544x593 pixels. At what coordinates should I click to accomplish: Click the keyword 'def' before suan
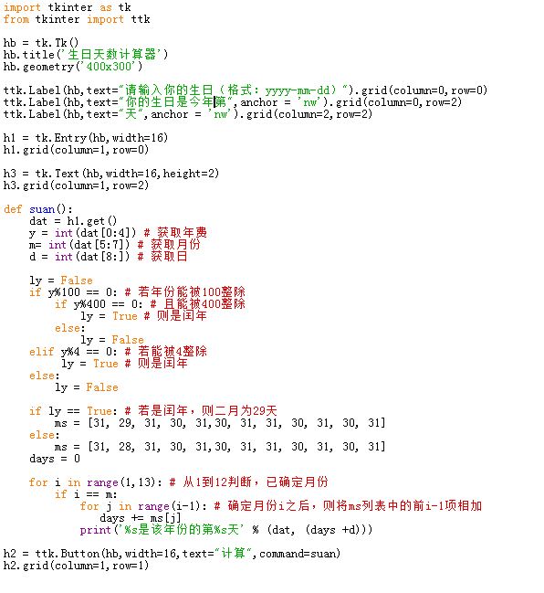tap(13, 209)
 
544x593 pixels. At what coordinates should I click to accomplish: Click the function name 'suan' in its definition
tap(42, 209)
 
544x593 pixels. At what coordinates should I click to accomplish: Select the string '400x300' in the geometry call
tap(109, 67)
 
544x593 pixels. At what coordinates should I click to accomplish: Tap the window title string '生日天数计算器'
tap(111, 55)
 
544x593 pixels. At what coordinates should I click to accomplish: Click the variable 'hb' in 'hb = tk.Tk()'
tap(10, 43)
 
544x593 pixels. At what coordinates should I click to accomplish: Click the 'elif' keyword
tap(42, 352)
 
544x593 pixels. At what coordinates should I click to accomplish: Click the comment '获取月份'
tap(175, 245)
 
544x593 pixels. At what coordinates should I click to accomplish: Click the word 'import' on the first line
tap(22, 7)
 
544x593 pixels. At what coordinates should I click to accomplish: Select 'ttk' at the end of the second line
tap(141, 19)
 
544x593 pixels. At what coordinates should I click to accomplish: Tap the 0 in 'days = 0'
tap(77, 459)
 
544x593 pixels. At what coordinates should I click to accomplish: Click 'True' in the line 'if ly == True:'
tap(99, 411)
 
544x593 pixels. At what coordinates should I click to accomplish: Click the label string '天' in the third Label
tap(131, 114)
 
